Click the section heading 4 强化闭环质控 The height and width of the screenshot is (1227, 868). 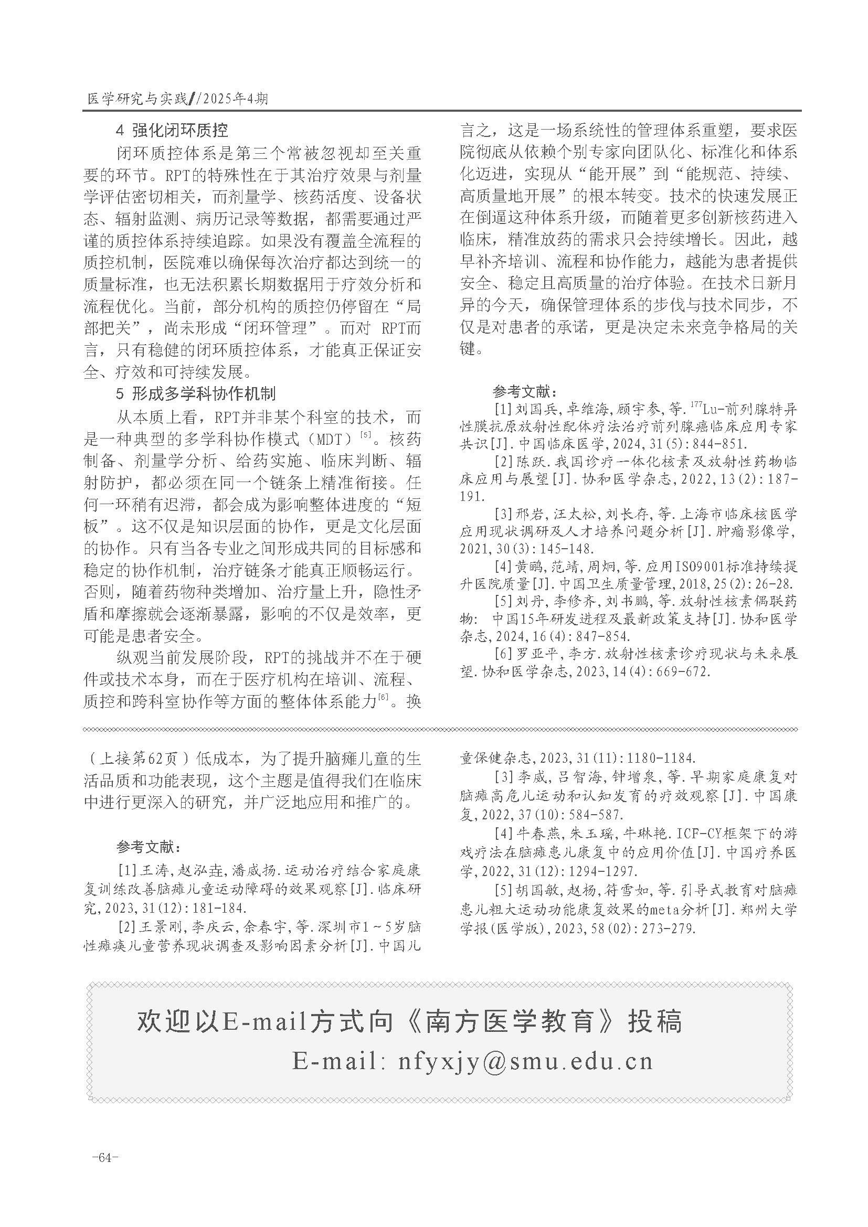pyautogui.click(x=172, y=131)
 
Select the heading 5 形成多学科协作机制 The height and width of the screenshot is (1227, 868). pyautogui.click(x=196, y=394)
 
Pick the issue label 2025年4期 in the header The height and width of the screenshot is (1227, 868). pyautogui.click(x=236, y=99)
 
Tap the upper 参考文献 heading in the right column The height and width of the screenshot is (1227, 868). pyautogui.click(x=524, y=392)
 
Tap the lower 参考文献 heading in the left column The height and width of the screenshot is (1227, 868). pyautogui.click(x=149, y=847)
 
